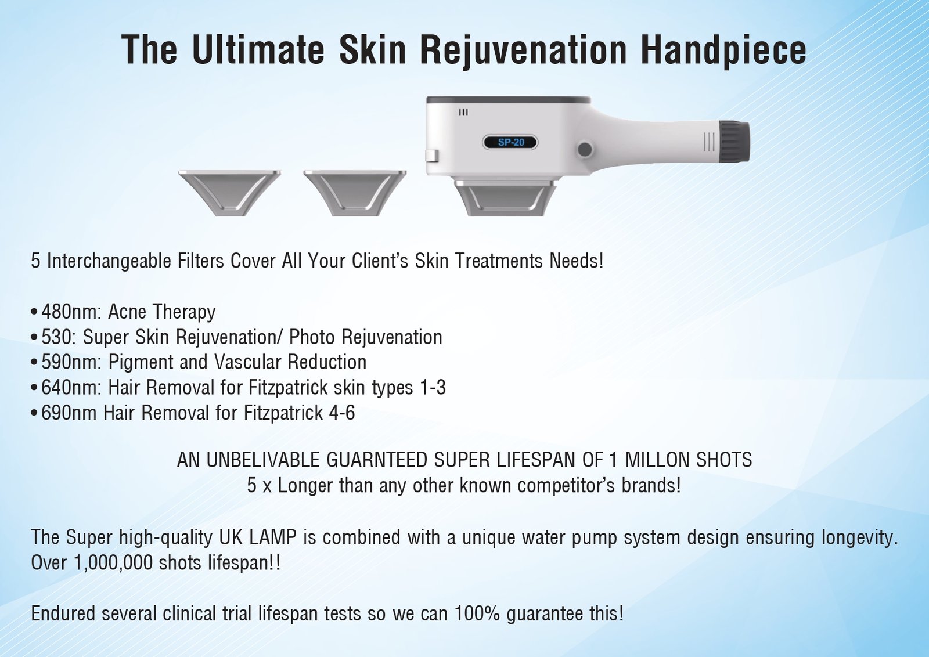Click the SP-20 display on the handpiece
tap(510, 143)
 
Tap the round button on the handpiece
tap(585, 149)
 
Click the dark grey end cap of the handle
tap(734, 142)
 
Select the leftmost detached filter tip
tap(230, 193)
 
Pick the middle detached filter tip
tap(355, 193)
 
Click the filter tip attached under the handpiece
tap(506, 198)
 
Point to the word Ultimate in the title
tap(257, 50)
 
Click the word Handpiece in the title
tap(723, 50)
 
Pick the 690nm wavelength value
tap(69, 413)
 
